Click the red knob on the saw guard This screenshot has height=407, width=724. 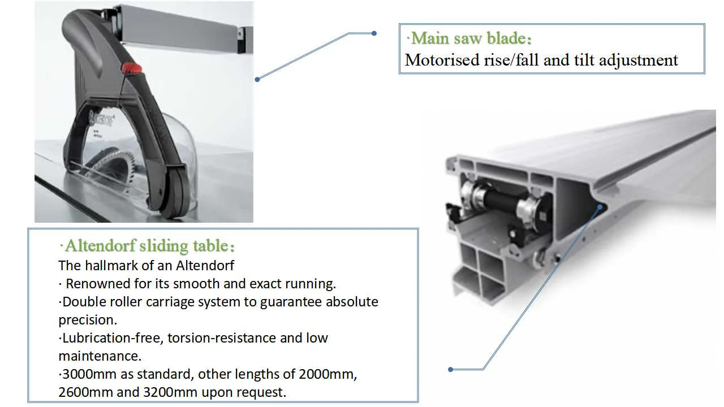pyautogui.click(x=130, y=69)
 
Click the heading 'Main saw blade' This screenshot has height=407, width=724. pyautogui.click(x=471, y=39)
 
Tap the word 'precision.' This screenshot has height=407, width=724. pyautogui.click(x=88, y=320)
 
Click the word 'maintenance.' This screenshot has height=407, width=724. pyautogui.click(x=100, y=356)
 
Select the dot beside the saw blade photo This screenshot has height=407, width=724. pyautogui.click(x=257, y=79)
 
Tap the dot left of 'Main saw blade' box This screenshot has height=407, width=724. pyautogui.click(x=374, y=33)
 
